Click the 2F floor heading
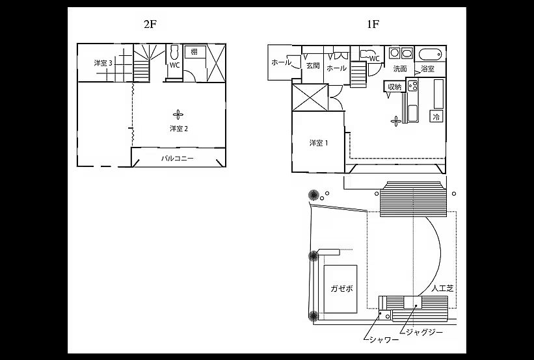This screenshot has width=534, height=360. [150, 25]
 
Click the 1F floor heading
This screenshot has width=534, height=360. [373, 25]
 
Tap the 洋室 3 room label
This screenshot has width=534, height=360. [103, 63]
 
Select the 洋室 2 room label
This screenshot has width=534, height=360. [179, 129]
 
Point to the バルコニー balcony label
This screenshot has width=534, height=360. [177, 158]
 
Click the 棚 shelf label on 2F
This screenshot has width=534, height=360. [194, 52]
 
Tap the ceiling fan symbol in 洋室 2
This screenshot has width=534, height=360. [178, 114]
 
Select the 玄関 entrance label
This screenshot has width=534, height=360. [313, 66]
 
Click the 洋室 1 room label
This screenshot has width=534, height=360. [319, 143]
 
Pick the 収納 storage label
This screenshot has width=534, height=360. [395, 87]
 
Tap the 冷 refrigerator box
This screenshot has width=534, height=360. [436, 117]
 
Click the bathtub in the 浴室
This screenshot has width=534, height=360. [430, 55]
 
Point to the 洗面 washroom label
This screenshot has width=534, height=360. [400, 69]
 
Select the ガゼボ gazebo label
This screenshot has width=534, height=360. [341, 289]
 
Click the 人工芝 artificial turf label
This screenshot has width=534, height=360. [442, 289]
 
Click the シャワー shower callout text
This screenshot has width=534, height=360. [384, 340]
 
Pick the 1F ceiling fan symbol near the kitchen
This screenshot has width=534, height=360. [395, 121]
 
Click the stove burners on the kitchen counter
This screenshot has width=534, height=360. [413, 85]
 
